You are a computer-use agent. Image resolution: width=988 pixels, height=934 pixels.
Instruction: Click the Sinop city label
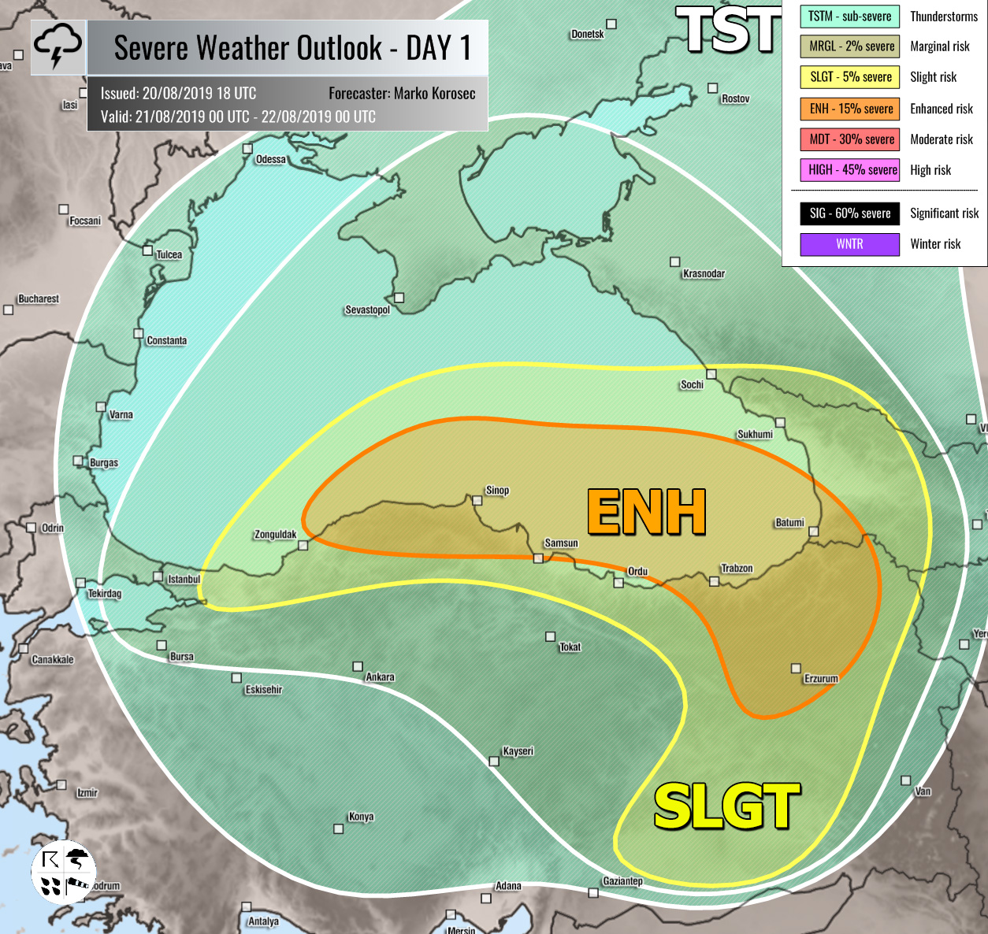pos(497,490)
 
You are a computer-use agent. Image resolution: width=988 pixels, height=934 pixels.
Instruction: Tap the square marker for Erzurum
pos(796,668)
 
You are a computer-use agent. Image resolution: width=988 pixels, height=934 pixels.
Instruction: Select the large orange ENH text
pos(646,513)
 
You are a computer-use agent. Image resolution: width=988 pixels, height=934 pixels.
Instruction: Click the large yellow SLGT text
pos(726,806)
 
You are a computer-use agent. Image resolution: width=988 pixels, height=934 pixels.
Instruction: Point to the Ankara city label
pos(380,677)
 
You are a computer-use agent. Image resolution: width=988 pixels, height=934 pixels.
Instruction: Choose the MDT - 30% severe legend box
pos(850,139)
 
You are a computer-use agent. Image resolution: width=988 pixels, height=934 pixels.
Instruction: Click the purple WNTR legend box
pos(849,244)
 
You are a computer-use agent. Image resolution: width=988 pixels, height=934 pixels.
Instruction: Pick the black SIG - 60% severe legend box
pos(849,213)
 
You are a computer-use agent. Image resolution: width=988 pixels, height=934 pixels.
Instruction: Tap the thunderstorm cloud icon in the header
pos(58,46)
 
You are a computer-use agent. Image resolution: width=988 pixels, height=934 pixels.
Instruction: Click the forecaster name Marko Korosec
pos(434,94)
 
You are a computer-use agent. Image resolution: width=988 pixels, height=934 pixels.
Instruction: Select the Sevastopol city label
pos(367,310)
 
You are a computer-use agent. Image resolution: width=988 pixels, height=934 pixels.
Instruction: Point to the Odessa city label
pos(270,160)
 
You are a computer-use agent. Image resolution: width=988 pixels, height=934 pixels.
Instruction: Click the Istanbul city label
pos(184,580)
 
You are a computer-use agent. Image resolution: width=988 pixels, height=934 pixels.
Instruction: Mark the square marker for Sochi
pos(711,374)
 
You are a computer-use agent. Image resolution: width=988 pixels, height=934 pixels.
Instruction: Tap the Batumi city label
pos(789,523)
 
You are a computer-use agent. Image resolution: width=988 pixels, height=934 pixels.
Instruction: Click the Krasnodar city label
pos(704,273)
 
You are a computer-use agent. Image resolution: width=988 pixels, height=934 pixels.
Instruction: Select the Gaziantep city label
pos(622,881)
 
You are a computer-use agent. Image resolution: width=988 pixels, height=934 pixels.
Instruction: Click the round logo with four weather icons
pos(63,873)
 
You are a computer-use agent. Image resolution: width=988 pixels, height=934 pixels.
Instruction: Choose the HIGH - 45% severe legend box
pos(850,170)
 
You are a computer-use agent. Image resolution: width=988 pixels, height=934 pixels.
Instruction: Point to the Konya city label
pos(361,817)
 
